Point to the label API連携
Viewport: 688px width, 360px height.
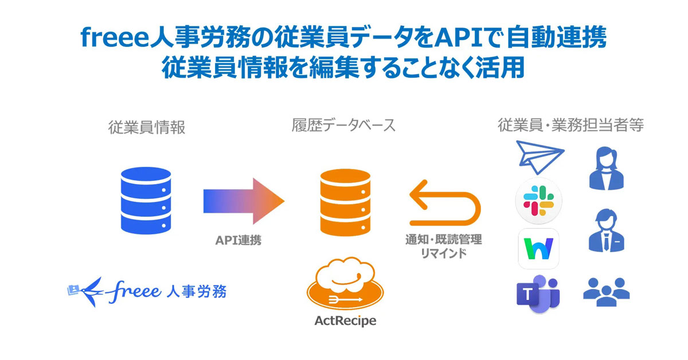tap(238, 241)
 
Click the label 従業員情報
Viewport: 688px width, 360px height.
tap(147, 127)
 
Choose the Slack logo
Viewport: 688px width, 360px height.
tap(539, 201)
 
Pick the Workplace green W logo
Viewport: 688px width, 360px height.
tap(538, 248)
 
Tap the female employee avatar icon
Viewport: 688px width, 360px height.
tap(606, 168)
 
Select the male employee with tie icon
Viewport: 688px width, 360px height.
tap(606, 229)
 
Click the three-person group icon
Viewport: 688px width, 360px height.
tap(606, 289)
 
